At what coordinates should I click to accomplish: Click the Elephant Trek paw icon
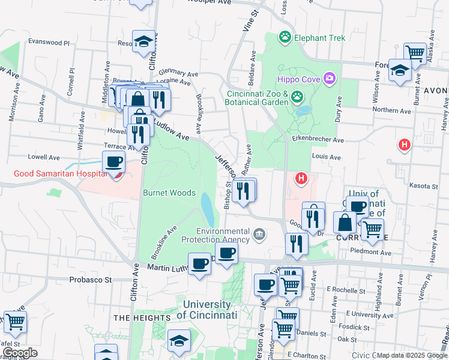tap(285, 38)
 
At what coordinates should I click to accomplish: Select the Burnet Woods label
tap(169, 193)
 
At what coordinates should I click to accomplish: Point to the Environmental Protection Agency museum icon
tap(259, 233)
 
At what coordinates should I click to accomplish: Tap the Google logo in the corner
tap(20, 353)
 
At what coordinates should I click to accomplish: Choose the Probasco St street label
tap(91, 280)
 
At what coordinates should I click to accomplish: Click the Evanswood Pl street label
tap(49, 43)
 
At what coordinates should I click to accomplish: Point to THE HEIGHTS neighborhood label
tap(137, 317)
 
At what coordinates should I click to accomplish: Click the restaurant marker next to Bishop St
tap(243, 191)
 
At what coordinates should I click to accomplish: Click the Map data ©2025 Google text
tap(412, 355)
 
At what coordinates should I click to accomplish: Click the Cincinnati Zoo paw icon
tap(297, 96)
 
